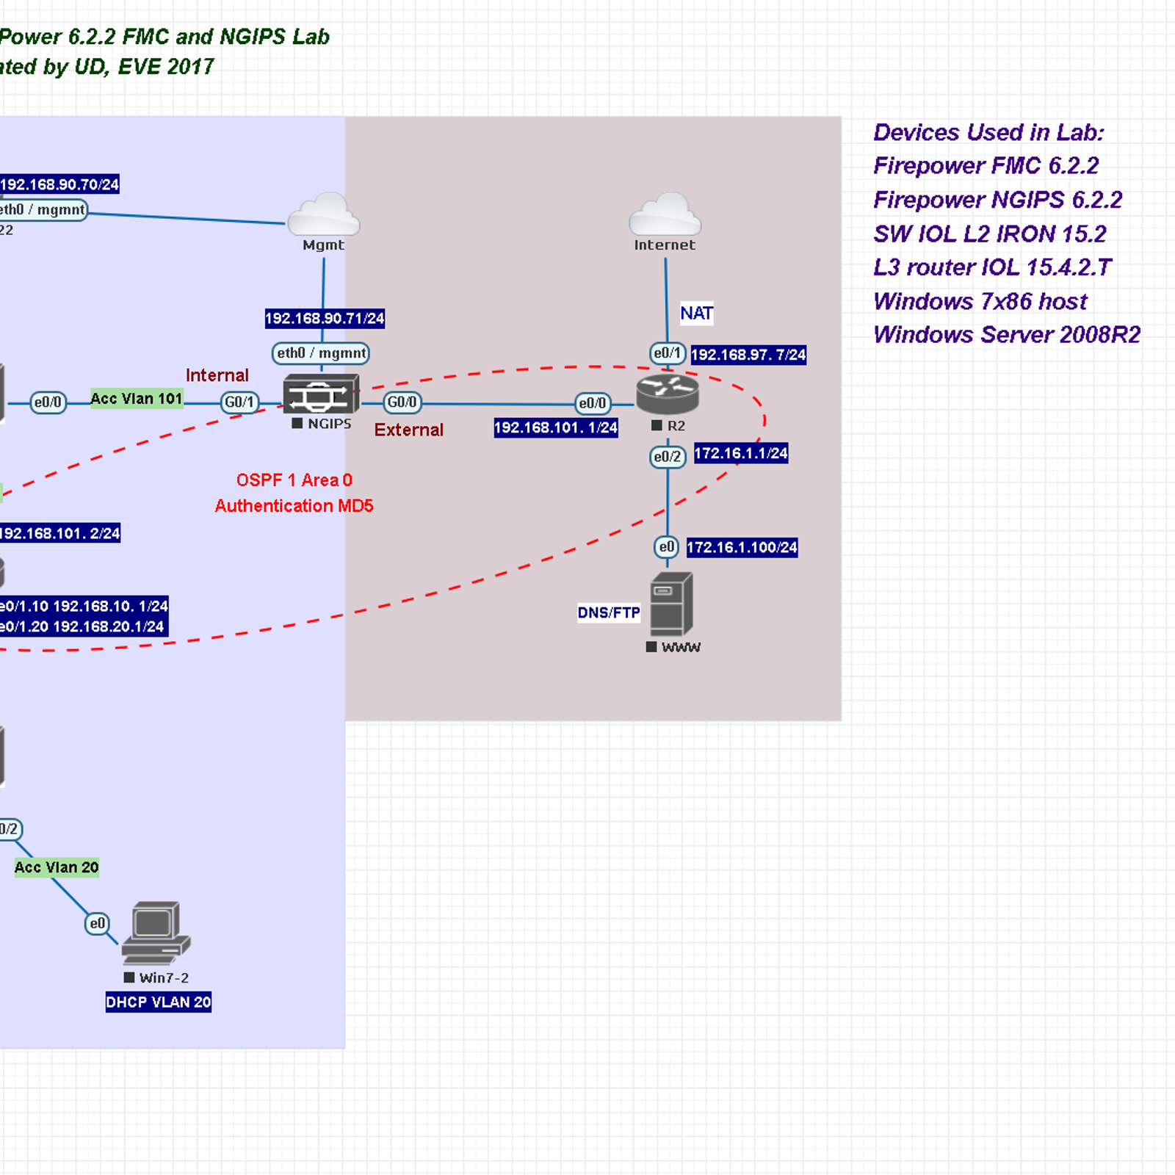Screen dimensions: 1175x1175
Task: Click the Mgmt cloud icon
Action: (x=323, y=214)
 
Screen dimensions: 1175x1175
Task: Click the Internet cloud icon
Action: (x=665, y=214)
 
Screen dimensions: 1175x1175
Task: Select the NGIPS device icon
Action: (x=321, y=394)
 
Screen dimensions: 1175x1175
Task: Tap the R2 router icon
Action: (x=667, y=394)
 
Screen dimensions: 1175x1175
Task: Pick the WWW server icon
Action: (x=671, y=604)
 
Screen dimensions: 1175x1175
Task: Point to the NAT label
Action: (x=696, y=314)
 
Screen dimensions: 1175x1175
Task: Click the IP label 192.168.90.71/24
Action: (x=325, y=319)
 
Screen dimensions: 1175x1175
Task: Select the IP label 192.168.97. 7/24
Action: (x=748, y=355)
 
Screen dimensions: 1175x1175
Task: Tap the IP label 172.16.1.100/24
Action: (x=742, y=548)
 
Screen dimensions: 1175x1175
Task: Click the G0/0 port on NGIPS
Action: (x=402, y=402)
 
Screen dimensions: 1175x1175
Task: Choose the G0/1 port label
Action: (x=239, y=402)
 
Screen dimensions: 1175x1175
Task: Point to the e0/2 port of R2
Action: (x=668, y=457)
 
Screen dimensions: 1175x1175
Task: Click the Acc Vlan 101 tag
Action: (x=137, y=399)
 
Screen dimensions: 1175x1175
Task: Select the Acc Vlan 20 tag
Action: (x=57, y=867)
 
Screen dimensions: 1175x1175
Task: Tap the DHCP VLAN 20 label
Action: (x=159, y=1002)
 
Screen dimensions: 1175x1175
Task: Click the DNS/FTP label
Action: (x=609, y=613)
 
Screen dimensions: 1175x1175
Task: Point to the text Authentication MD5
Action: (x=294, y=506)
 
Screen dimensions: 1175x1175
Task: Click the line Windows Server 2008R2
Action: (x=1007, y=335)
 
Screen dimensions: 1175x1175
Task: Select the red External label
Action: (x=409, y=430)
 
